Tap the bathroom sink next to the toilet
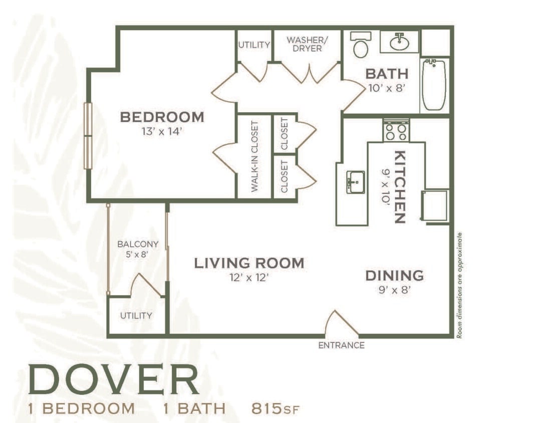(399, 42)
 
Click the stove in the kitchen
(396, 131)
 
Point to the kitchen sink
(356, 181)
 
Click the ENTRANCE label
(341, 345)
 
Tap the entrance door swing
(341, 324)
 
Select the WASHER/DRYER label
(305, 44)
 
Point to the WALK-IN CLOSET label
(254, 156)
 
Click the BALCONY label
(138, 244)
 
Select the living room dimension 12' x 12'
(249, 278)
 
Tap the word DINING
(394, 275)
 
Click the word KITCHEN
(399, 186)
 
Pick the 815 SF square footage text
(275, 408)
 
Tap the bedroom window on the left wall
(88, 135)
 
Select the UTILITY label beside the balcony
(136, 316)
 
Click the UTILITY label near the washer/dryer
(254, 45)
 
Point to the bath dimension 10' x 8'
(386, 89)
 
